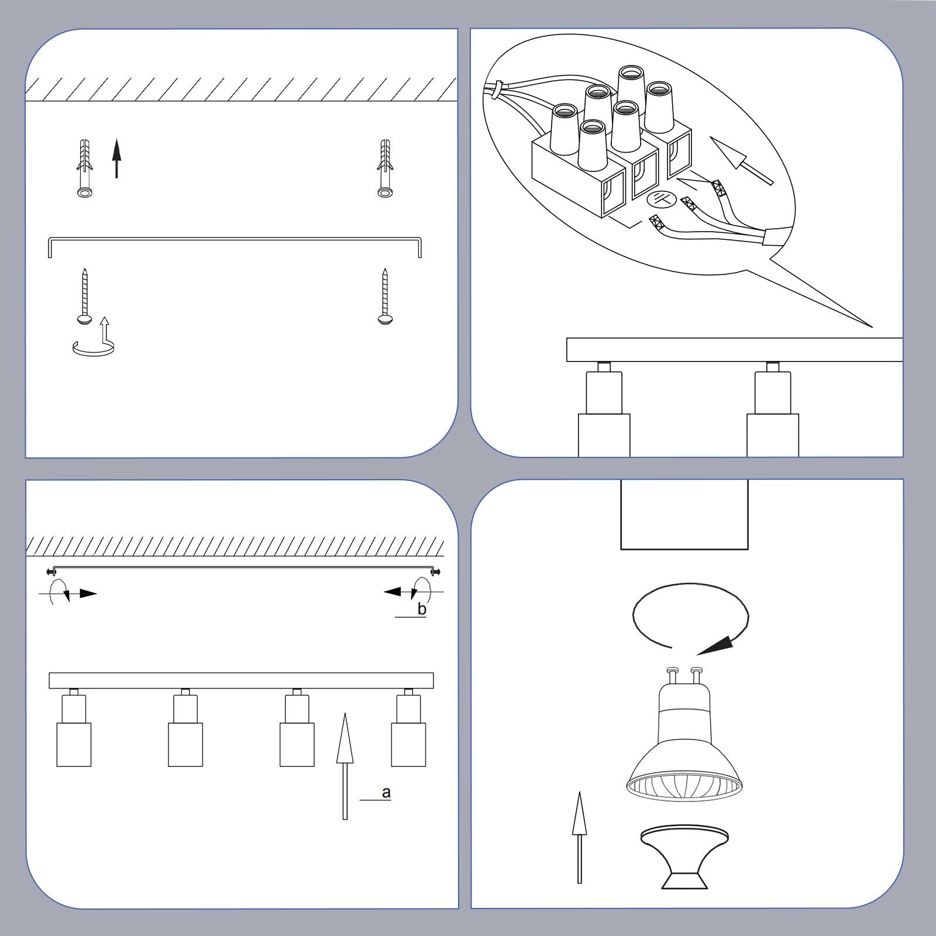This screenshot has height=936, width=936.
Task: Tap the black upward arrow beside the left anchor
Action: tap(116, 158)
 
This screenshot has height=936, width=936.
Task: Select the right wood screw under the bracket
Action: tap(384, 295)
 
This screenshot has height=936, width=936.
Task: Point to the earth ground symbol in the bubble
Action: tap(662, 199)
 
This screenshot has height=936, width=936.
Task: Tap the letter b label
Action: tap(422, 609)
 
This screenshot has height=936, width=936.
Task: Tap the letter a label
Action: tap(386, 793)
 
